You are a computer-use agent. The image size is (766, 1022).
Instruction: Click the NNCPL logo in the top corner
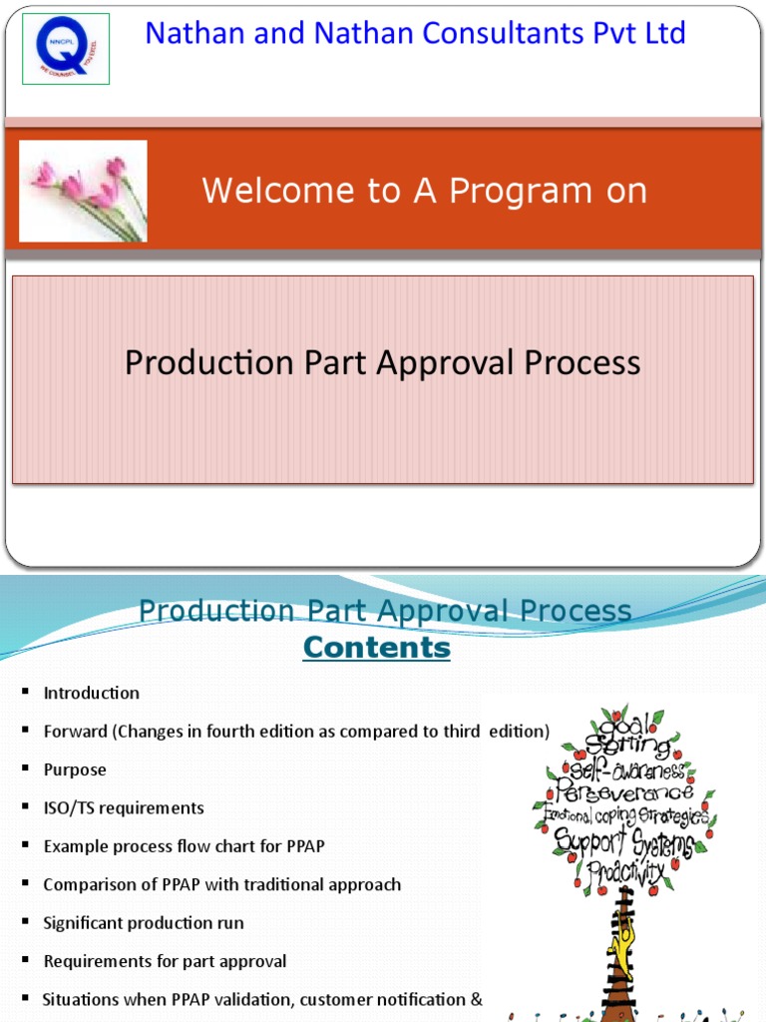point(65,49)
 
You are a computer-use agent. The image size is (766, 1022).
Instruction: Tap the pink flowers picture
point(84,191)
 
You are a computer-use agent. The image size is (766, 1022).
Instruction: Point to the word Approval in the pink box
point(444,362)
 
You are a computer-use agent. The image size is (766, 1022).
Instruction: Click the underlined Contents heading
point(377,648)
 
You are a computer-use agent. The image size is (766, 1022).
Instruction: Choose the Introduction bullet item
point(92,693)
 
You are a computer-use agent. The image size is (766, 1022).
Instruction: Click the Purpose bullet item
point(75,769)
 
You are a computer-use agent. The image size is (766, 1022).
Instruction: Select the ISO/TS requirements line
point(124,807)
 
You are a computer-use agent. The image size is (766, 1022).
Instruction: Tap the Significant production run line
point(144,923)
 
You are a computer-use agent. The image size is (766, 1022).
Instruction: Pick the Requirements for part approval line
point(165,961)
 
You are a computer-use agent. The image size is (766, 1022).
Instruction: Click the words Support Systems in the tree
point(623,841)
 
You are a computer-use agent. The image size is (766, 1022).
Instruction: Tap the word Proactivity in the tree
point(625,871)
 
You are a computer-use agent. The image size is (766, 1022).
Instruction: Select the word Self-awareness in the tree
point(625,769)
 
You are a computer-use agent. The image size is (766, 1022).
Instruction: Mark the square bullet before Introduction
point(24,693)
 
